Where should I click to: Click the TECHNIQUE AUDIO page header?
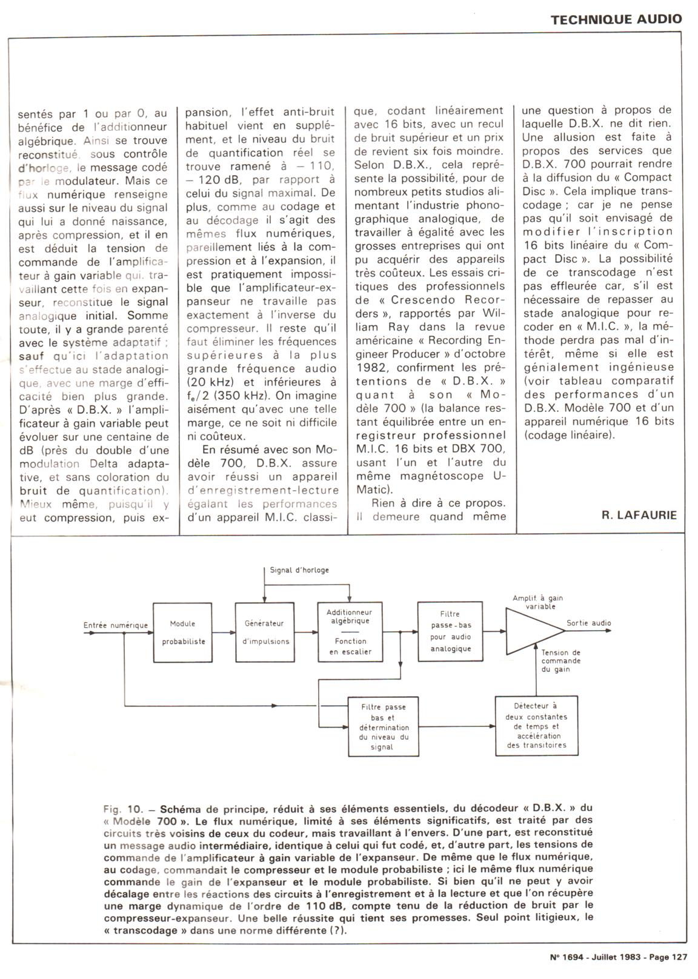coord(616,19)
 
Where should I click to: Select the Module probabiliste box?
coord(182,632)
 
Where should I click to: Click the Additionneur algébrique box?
coord(348,632)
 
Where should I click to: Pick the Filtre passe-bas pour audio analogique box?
coord(450,631)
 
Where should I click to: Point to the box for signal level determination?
coord(384,726)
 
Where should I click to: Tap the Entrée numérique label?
coord(115,625)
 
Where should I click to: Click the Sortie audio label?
coord(589,623)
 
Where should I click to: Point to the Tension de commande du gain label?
coord(560,661)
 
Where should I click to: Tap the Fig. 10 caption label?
coord(123,809)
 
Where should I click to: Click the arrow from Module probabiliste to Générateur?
coord(224,632)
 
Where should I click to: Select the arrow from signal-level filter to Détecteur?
coord(457,726)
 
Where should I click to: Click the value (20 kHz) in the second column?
coord(211,382)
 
